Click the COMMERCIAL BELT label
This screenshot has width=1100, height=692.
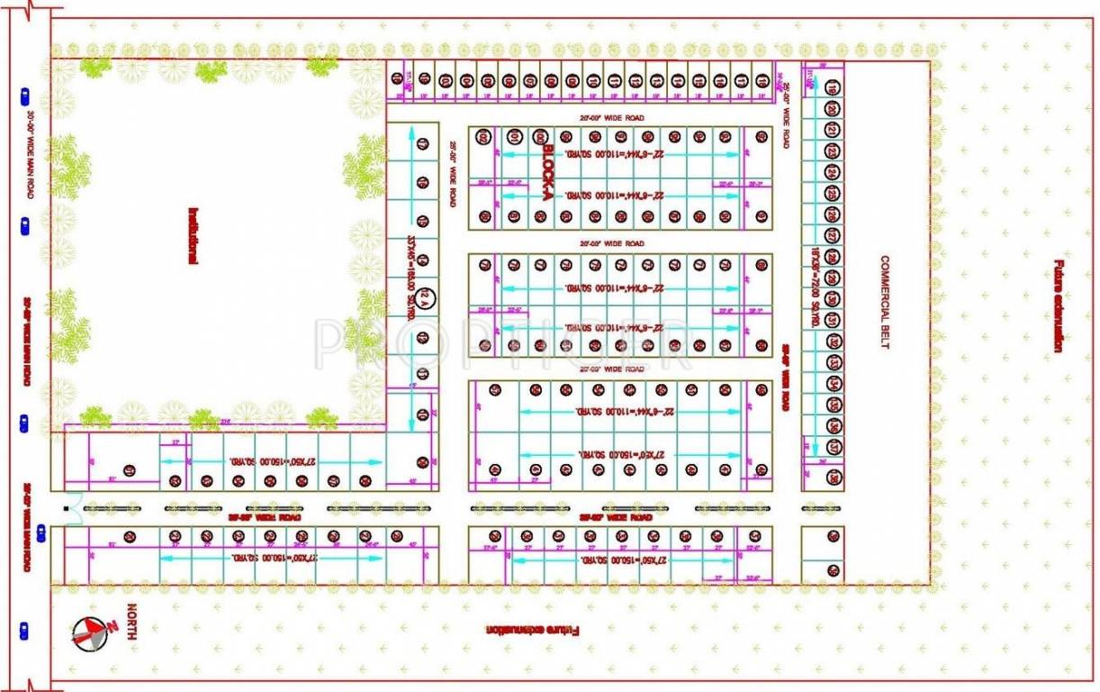pyautogui.click(x=885, y=302)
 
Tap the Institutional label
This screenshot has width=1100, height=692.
pyautogui.click(x=193, y=236)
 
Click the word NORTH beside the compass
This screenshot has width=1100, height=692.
pyautogui.click(x=131, y=622)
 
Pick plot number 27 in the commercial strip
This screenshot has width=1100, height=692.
pyautogui.click(x=833, y=236)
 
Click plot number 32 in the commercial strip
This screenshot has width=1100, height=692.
pyautogui.click(x=834, y=342)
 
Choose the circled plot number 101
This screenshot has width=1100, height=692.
pyautogui.click(x=513, y=137)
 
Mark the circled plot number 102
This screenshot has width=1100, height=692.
pyautogui.click(x=484, y=137)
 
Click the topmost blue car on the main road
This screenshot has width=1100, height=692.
pyautogui.click(x=24, y=93)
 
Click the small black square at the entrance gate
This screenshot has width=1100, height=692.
pyautogui.click(x=67, y=509)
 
